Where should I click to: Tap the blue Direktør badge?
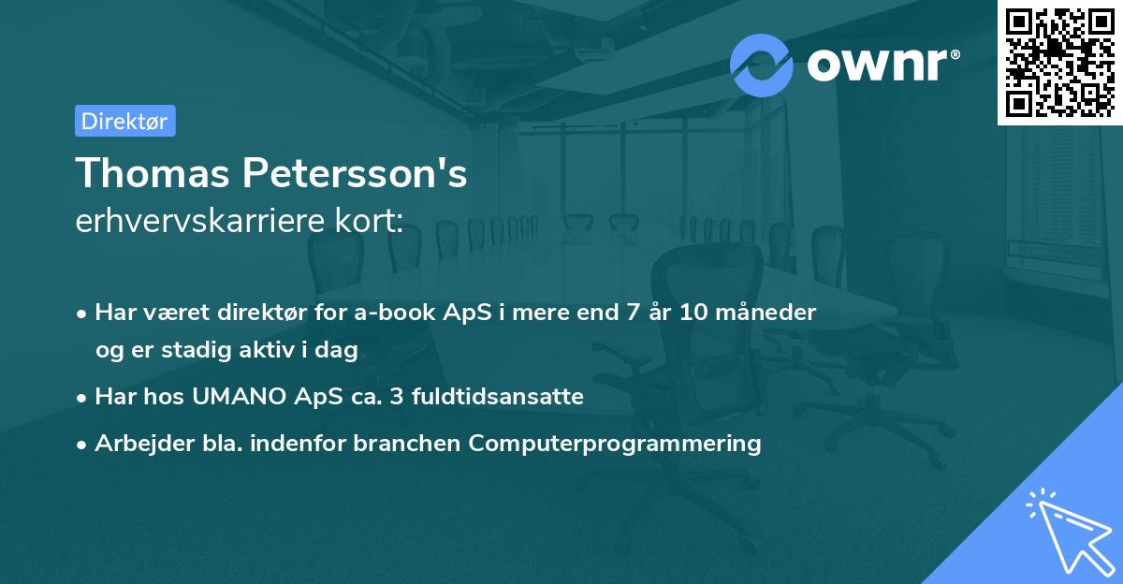(124, 121)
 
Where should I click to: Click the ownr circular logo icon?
(762, 65)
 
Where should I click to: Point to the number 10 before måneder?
(693, 313)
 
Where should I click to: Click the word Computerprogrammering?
(615, 444)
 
